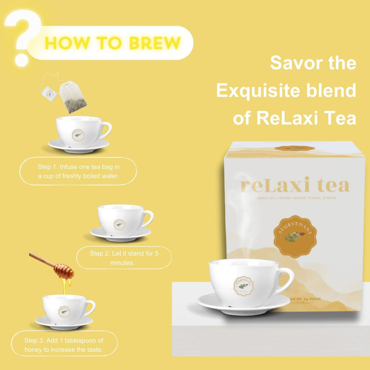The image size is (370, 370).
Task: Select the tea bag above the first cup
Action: point(73,97)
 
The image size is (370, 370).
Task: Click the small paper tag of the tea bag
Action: point(50,93)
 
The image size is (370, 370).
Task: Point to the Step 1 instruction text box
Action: point(78,171)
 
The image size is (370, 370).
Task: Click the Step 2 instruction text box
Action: point(124,258)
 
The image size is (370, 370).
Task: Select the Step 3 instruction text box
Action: point(64,344)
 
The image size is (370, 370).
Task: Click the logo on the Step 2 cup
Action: point(119,224)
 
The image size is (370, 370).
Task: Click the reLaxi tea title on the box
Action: point(295,185)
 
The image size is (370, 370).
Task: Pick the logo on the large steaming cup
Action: point(243,286)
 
